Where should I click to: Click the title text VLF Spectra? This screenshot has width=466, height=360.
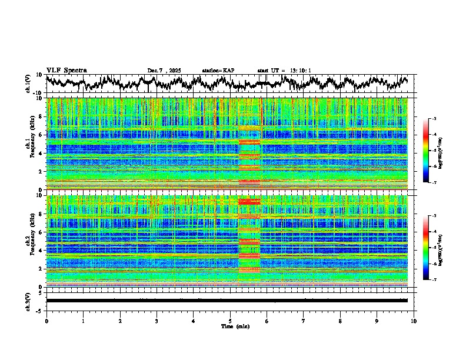tap(66, 71)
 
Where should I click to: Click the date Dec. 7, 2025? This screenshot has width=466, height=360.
tap(164, 71)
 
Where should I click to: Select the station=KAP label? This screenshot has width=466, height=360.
tap(218, 71)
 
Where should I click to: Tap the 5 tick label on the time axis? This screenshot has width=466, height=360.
tap(230, 321)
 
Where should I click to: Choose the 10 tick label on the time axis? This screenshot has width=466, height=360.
tap(414, 321)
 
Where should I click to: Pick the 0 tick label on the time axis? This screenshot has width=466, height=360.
tap(46, 321)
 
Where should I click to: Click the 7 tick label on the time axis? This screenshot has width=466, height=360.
tap(304, 321)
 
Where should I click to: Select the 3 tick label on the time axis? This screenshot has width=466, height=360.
tap(157, 321)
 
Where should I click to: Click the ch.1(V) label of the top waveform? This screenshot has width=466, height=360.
tap(28, 84)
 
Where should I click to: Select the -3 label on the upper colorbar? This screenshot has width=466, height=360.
tap(434, 119)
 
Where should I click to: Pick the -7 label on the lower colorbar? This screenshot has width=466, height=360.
tap(434, 280)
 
